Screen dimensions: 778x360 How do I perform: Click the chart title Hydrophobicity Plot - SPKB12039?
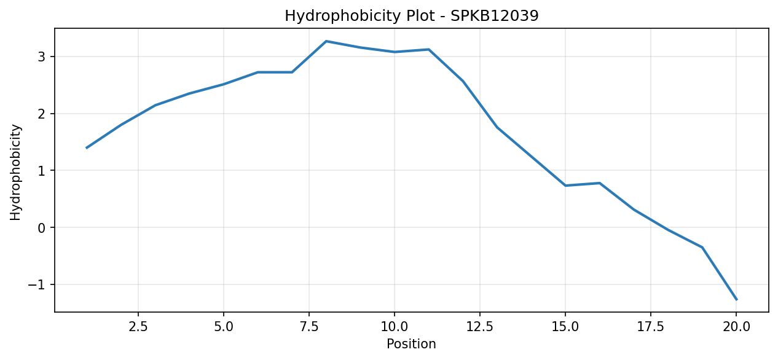tap(412, 16)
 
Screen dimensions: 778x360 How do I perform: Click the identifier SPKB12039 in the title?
tap(495, 16)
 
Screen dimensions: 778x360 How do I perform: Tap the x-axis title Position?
tap(411, 343)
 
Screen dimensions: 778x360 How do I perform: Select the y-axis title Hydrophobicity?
tap(15, 172)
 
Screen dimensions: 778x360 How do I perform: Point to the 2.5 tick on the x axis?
tap(138, 327)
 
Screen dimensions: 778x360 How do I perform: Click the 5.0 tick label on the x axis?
tap(224, 327)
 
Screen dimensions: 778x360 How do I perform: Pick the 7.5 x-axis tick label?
tap(309, 327)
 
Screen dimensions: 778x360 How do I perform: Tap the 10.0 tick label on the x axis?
tap(395, 327)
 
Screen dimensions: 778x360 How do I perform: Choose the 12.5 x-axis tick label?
tap(480, 327)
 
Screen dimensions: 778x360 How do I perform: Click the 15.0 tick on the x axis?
tap(565, 327)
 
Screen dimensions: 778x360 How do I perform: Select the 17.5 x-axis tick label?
tap(651, 327)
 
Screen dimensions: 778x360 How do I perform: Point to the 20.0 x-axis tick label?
tap(736, 327)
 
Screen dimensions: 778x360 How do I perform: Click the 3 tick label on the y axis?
tap(42, 57)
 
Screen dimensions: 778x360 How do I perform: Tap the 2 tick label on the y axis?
tap(42, 114)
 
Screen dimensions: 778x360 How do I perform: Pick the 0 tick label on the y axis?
tap(42, 228)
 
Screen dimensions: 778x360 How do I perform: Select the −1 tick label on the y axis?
tap(37, 284)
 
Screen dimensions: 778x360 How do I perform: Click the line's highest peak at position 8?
tap(326, 41)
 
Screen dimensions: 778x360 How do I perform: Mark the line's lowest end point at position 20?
tap(736, 300)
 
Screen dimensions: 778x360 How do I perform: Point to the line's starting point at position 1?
tap(87, 148)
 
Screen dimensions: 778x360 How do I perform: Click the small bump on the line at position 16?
tap(599, 183)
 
